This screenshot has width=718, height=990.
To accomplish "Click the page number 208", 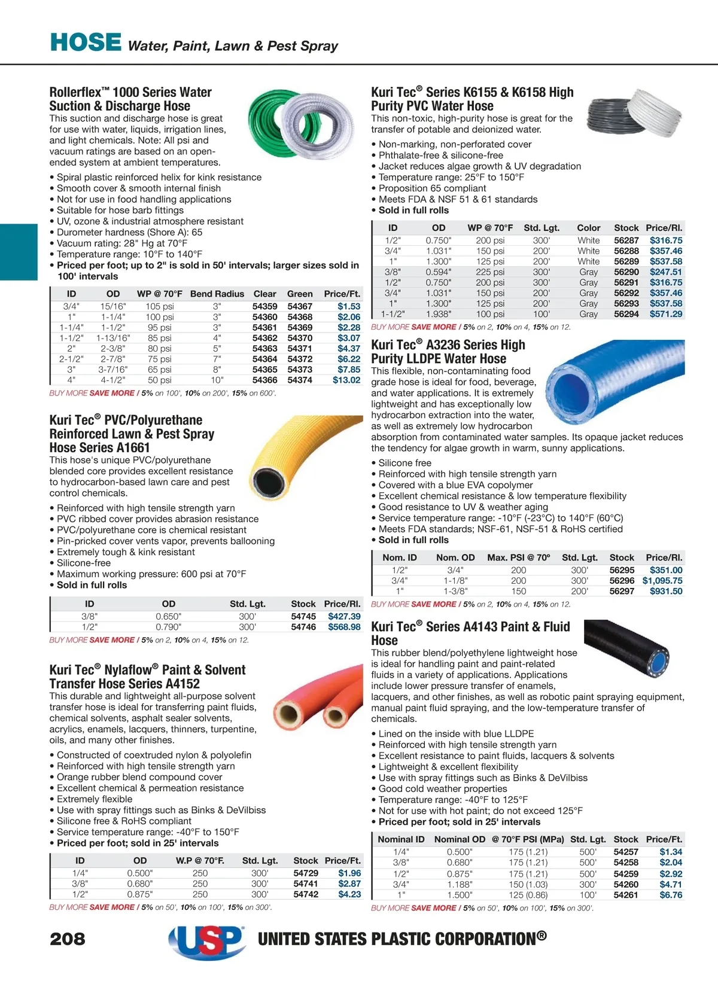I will click(68, 939).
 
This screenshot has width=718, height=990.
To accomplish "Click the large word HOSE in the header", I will click(86, 42).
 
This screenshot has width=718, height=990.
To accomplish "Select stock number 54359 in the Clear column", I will click(264, 306).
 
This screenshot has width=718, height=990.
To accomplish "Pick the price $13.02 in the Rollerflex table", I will click(346, 380).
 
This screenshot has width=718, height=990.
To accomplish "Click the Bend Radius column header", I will click(217, 294).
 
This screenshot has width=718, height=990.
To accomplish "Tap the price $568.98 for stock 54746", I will click(344, 627).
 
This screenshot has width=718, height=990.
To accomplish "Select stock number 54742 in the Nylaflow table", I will click(306, 894).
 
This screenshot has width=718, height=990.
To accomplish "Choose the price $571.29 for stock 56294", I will click(665, 314).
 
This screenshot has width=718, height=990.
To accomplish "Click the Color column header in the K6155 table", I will click(588, 228).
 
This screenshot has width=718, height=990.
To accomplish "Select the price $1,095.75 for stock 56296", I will click(662, 580).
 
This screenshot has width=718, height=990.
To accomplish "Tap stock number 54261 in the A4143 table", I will click(626, 895).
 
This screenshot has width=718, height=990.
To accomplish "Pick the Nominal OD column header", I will click(460, 839).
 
